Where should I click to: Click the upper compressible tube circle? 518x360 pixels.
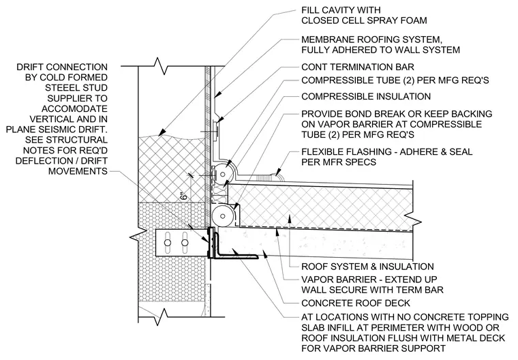[220, 174]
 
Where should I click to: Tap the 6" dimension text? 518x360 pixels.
[185, 195]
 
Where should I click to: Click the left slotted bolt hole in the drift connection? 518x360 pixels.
[168, 243]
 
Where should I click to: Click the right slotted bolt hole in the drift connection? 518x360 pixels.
[185, 243]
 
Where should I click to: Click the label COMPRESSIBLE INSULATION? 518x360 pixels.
[366, 97]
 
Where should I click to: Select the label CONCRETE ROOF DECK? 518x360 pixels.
[356, 303]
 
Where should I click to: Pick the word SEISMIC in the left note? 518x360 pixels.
[67, 130]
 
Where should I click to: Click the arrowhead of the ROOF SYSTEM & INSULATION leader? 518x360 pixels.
[290, 218]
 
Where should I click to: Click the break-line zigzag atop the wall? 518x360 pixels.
[159, 65]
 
